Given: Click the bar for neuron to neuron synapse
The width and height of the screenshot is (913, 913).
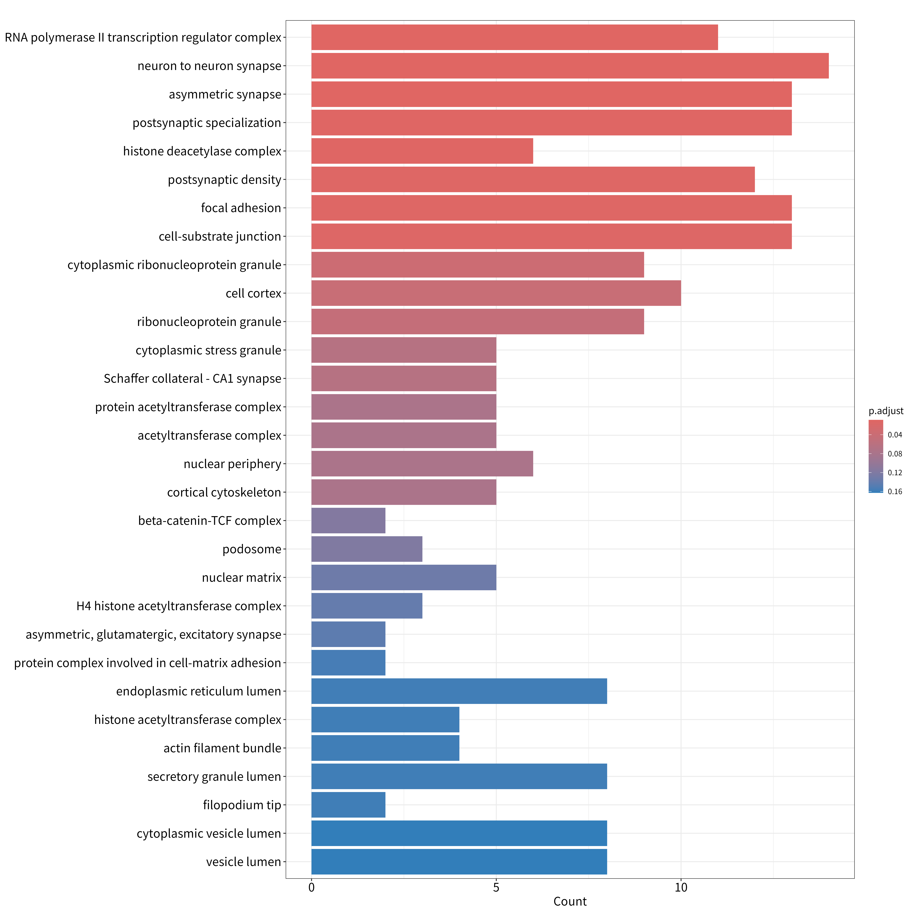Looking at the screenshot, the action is (x=570, y=66).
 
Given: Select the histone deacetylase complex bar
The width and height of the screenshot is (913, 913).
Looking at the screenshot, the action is (x=422, y=151).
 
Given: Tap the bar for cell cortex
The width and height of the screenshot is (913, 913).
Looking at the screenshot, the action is (x=496, y=293).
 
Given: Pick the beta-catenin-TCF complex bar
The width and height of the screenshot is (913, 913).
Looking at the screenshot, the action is (x=348, y=521).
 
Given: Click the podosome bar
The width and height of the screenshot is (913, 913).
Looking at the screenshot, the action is (x=367, y=549).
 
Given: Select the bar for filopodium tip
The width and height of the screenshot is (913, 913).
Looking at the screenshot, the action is (x=348, y=805).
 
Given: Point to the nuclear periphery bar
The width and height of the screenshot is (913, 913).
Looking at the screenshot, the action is (x=422, y=464).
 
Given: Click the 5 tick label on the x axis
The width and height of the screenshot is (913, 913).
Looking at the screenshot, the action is (x=496, y=887).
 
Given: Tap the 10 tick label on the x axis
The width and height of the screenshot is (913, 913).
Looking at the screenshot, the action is (x=681, y=887).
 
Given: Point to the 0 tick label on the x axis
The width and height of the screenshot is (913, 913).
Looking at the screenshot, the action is (x=311, y=887).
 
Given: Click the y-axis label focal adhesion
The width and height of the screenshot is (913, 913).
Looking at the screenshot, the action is (x=241, y=208).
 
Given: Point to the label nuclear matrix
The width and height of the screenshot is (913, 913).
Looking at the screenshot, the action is (x=241, y=577).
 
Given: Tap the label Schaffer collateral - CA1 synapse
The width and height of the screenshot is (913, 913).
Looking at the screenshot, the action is (x=192, y=379).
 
